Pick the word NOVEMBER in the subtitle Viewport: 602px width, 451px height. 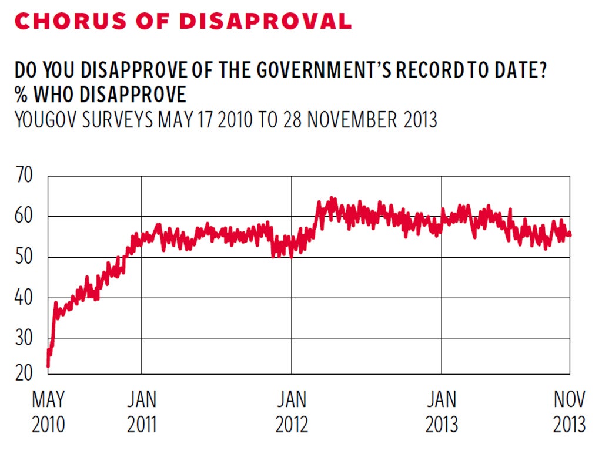tap(352, 119)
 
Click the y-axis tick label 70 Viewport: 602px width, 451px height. tap(24, 176)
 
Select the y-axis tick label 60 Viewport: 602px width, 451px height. tap(24, 217)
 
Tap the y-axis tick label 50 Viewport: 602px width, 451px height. tap(24, 257)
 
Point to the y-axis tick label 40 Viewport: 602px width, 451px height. tap(24, 298)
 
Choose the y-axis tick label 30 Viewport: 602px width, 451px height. tap(24, 339)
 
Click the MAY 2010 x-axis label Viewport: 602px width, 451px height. tap(48, 412)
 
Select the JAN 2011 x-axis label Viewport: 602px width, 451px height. tap(142, 412)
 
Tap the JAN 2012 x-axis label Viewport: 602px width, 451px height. tap(292, 412)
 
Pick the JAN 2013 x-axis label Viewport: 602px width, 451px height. tap(442, 412)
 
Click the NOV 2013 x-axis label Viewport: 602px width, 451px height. tap(569, 412)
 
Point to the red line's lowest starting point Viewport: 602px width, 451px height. tap(48, 366)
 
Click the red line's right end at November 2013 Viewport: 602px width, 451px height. tap(569, 235)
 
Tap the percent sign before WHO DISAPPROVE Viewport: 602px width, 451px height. tap(21, 95)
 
